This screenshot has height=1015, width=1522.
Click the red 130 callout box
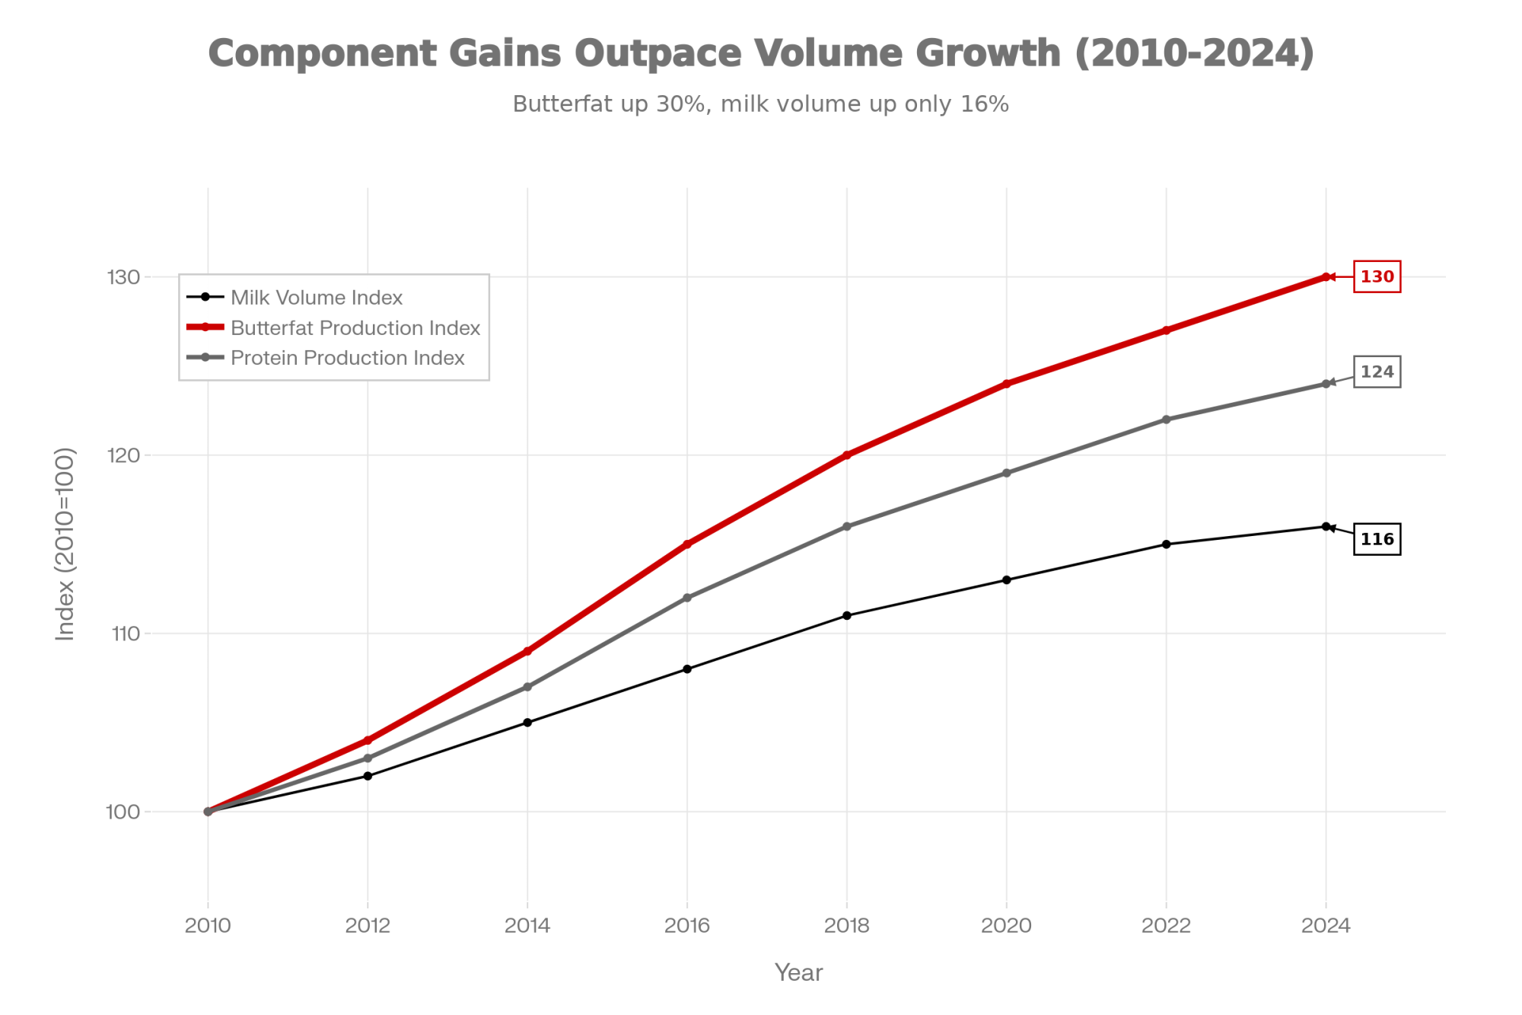(1377, 276)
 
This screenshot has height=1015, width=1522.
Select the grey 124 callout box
(1377, 372)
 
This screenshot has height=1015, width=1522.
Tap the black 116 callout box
(1377, 539)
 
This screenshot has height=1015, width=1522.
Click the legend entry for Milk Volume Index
(316, 297)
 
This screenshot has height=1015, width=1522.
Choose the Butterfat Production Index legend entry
(355, 327)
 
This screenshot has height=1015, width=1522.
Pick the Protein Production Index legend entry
(347, 358)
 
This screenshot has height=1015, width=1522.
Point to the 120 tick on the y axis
(123, 455)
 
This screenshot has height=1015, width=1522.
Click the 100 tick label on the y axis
(123, 812)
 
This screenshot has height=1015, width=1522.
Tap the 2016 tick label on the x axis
(687, 926)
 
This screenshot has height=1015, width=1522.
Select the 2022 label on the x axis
(1166, 926)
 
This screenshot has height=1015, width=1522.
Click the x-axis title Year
(798, 972)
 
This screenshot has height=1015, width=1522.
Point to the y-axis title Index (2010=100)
(65, 544)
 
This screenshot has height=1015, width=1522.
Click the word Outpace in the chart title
(658, 53)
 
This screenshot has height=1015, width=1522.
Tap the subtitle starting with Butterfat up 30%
(760, 104)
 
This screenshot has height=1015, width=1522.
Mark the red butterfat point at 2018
(847, 455)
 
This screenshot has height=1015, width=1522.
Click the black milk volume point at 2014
(527, 723)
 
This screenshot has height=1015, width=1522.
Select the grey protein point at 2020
(1007, 473)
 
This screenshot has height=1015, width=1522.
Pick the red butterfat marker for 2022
(1166, 330)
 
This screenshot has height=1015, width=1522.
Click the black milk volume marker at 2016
(687, 669)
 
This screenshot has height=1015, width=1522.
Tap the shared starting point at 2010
(208, 812)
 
